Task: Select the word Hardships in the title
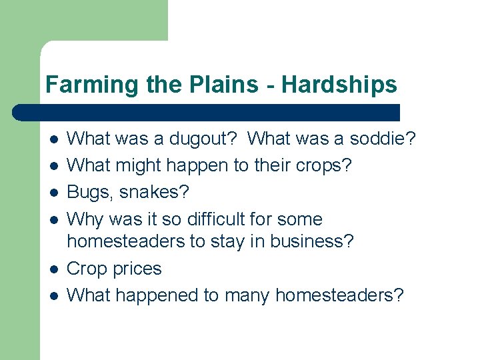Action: [x=339, y=85]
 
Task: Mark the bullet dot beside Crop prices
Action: [x=53, y=269]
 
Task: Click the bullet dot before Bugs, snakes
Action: [x=53, y=193]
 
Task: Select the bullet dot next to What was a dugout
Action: [x=53, y=139]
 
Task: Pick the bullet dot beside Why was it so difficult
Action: [x=53, y=219]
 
